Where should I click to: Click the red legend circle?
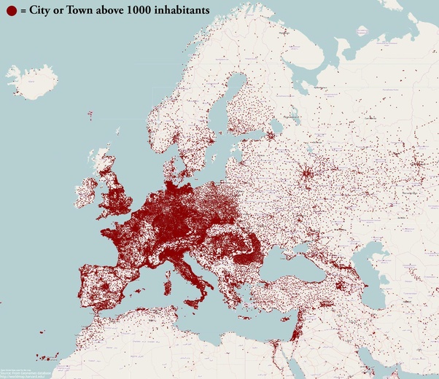pos(10,11)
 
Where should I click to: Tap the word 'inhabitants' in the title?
pos(183,11)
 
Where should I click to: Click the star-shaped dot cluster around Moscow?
pos(308,174)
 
